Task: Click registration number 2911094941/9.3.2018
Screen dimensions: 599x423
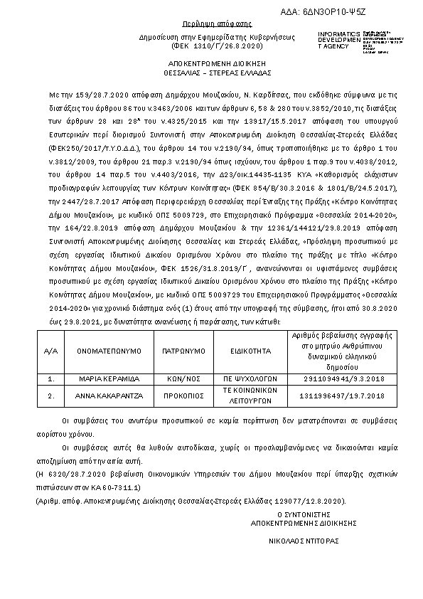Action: click(343, 380)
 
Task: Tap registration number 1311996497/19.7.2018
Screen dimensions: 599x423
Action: click(343, 395)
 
